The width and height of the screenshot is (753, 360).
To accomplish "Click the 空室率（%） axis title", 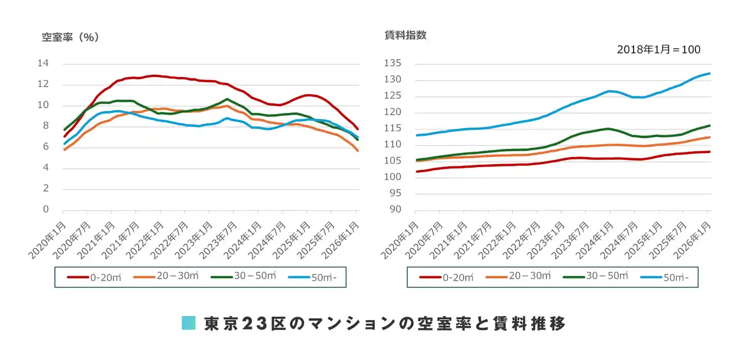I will click(x=70, y=37).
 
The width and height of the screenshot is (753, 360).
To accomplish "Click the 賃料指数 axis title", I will click(x=405, y=35).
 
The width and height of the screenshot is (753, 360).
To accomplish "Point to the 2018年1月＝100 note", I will click(x=658, y=50).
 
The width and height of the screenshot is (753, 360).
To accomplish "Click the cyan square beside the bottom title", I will click(x=188, y=323).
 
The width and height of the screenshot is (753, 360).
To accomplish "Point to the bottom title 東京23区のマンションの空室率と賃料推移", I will click(x=385, y=323).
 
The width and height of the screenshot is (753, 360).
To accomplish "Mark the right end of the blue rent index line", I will click(x=710, y=74).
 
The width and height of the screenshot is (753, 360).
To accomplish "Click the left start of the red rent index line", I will click(x=417, y=172).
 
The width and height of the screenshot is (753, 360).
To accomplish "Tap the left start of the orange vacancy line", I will click(x=64, y=150).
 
